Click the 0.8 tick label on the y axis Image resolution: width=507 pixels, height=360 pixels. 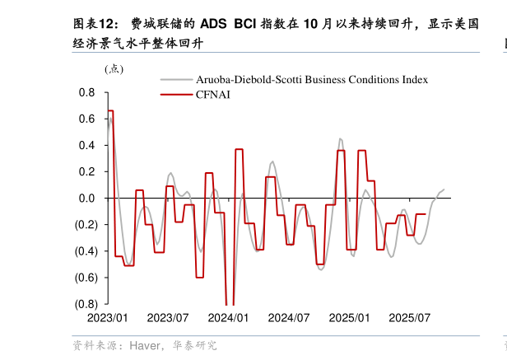coord(87,93)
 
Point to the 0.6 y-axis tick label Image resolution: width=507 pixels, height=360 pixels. coord(87,119)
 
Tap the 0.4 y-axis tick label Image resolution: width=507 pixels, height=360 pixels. coord(87,146)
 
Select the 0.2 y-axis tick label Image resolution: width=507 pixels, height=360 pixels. coord(87,172)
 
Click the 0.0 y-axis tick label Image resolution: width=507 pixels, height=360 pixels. coord(87,199)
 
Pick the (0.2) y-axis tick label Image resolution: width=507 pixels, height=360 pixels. coord(85,225)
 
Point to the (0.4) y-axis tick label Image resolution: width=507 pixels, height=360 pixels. coord(85,251)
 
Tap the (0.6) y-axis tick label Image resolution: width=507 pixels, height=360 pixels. coord(85,278)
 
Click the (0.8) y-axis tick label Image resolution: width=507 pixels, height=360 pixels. coord(85,304)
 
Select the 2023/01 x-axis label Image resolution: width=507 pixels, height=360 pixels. coord(107,318)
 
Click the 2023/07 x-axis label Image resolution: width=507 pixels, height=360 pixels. coord(168,318)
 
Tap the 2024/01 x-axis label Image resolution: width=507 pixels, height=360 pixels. coord(228,318)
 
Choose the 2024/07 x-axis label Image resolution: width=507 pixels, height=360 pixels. coord(289,318)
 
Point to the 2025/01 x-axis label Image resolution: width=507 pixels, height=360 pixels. coord(349,318)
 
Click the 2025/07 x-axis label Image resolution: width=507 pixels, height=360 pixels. coord(410,318)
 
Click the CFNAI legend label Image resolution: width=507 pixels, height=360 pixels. coord(212,95)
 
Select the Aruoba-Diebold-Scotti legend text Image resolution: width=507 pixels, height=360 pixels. coord(312,80)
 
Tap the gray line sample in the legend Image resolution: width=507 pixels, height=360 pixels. coord(176,80)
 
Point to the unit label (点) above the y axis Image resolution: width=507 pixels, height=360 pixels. coord(114,69)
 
